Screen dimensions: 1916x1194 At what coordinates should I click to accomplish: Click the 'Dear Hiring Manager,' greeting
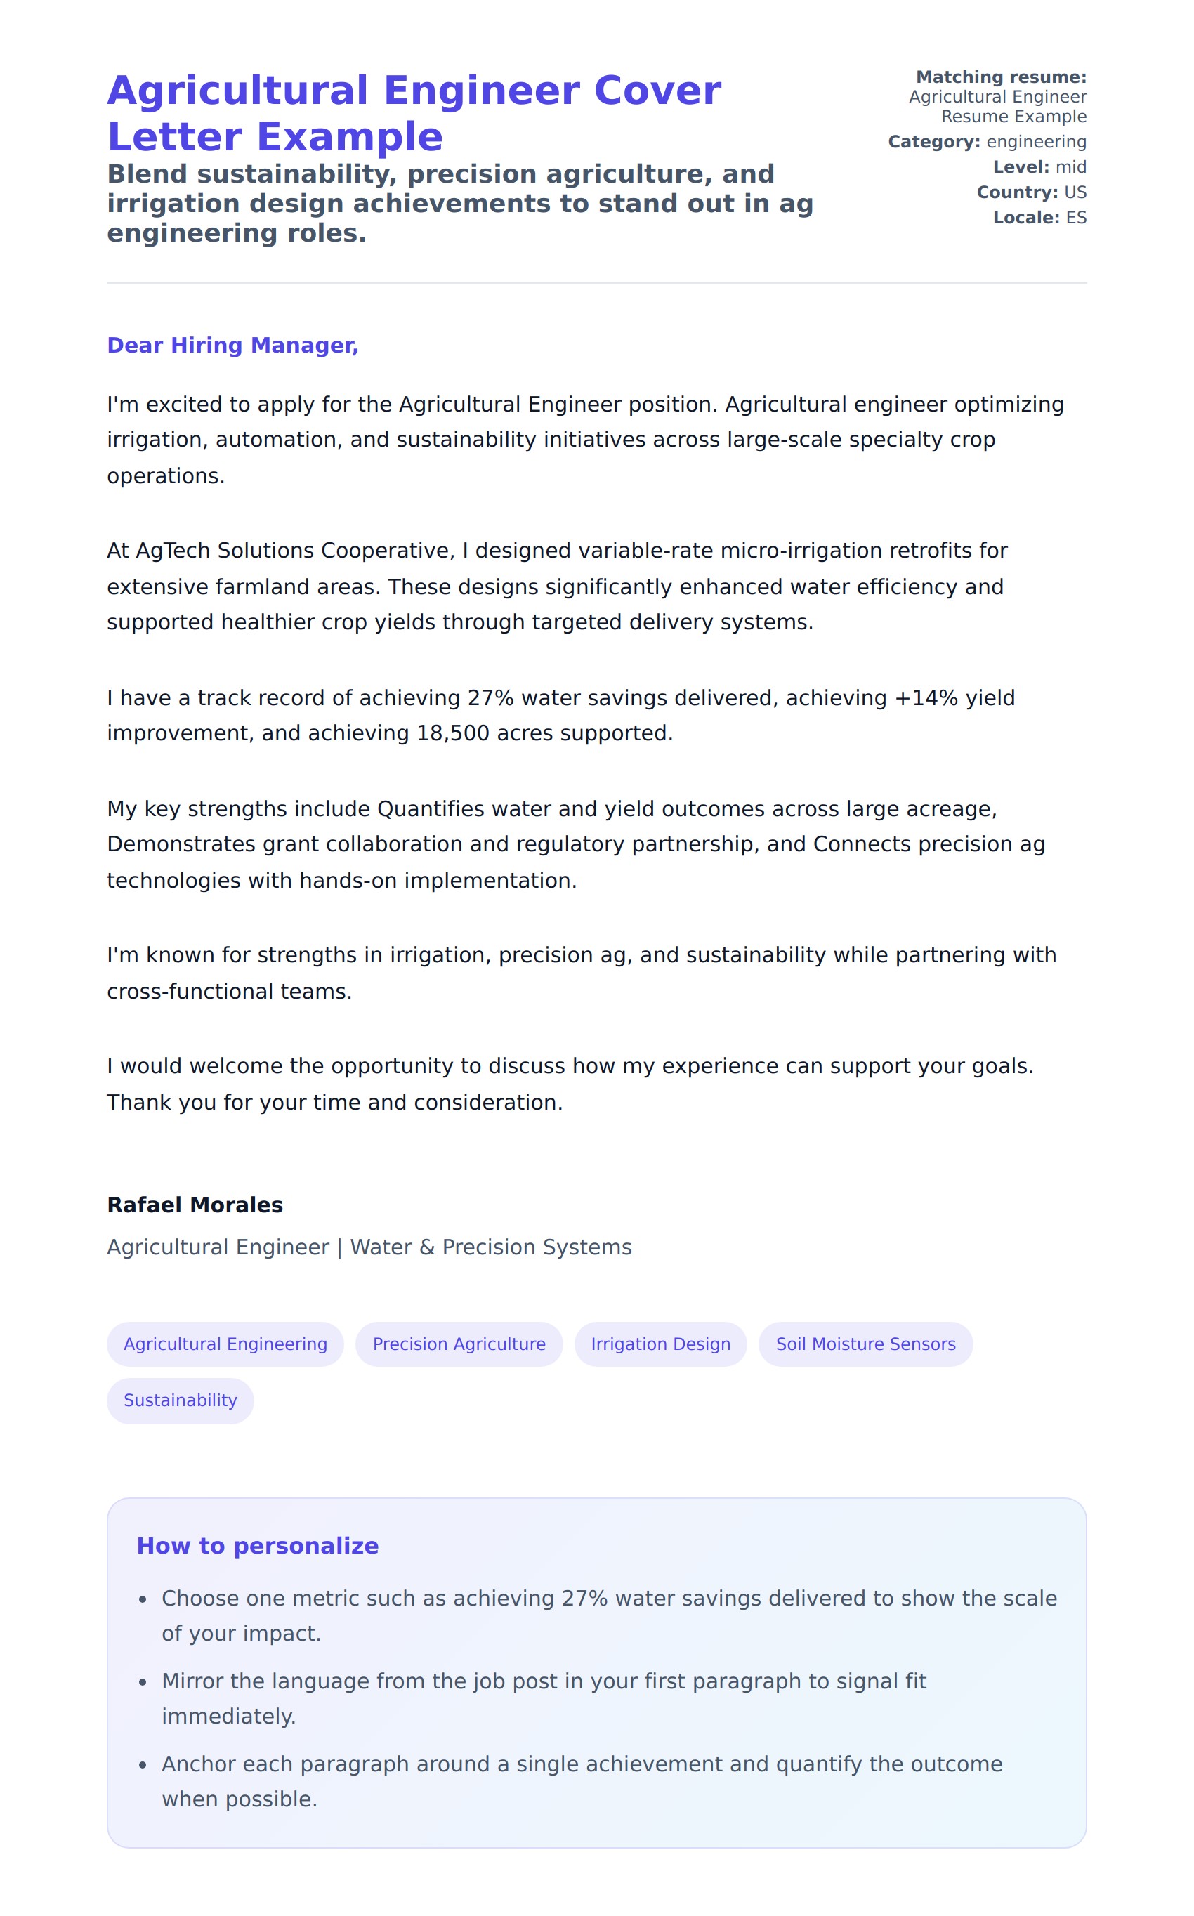point(232,345)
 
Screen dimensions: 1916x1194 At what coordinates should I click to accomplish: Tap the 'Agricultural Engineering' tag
point(225,1344)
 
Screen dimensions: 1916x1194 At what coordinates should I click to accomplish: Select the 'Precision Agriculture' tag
point(459,1344)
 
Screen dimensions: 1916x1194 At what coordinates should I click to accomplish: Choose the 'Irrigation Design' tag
point(660,1344)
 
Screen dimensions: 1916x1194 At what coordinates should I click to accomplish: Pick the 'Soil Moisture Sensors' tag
point(865,1344)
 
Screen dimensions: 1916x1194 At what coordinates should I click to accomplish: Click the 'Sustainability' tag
point(180,1400)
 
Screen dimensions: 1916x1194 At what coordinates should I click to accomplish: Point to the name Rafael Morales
point(195,1205)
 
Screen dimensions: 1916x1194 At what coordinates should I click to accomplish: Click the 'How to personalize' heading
point(258,1546)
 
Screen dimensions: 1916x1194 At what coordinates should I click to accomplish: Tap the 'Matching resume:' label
point(1001,77)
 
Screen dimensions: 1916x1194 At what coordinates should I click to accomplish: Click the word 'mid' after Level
point(1071,167)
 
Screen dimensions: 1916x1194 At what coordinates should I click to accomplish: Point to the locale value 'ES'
point(1075,218)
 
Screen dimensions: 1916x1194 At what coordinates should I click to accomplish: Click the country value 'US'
point(1075,192)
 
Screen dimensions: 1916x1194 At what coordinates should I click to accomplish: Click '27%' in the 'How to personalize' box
point(584,1598)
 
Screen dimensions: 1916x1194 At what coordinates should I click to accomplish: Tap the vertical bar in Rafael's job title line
point(339,1247)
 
